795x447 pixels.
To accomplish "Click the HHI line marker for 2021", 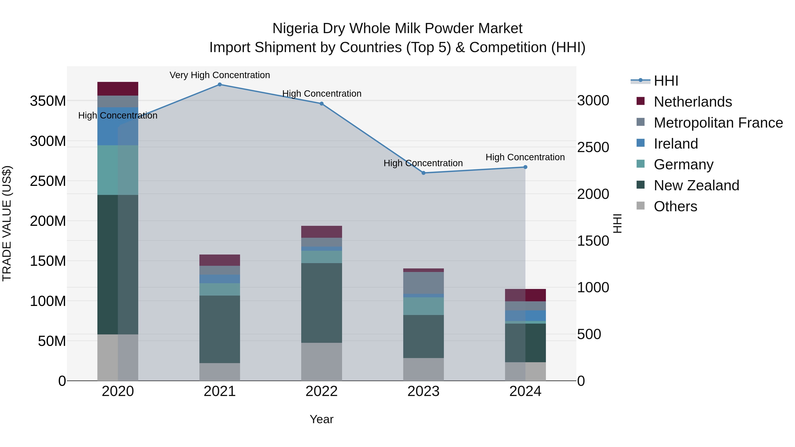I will pyautogui.click(x=220, y=85).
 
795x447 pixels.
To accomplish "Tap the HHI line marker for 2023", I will pyautogui.click(x=423, y=173).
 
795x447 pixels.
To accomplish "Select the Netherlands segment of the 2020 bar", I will pyautogui.click(x=117, y=89).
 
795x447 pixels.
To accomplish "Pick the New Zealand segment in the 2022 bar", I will pyautogui.click(x=322, y=303).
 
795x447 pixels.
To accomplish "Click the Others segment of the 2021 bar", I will pyautogui.click(x=220, y=372).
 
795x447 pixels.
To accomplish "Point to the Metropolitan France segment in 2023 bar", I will pyautogui.click(x=423, y=283).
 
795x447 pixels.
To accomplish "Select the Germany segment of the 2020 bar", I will pyautogui.click(x=117, y=170).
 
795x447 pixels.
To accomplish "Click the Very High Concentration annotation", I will pyautogui.click(x=220, y=75).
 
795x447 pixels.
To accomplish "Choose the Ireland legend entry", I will pyautogui.click(x=676, y=144).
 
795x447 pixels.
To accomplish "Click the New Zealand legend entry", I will pyautogui.click(x=696, y=186).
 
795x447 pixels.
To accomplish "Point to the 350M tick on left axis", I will pyautogui.click(x=48, y=101).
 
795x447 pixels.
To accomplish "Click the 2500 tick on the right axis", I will pyautogui.click(x=593, y=147).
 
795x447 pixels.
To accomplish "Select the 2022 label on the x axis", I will pyautogui.click(x=322, y=391).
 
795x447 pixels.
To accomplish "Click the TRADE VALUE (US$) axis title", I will pyautogui.click(x=7, y=223).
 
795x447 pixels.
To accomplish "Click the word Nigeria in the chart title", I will pyautogui.click(x=295, y=29).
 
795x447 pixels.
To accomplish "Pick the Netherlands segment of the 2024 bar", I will pyautogui.click(x=525, y=295).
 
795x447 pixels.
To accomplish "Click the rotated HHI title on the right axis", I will pyautogui.click(x=617, y=223).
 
